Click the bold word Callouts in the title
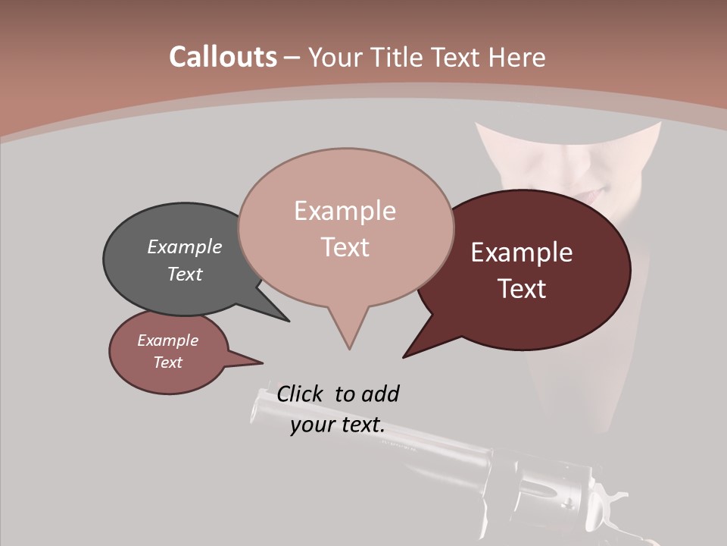tap(223, 57)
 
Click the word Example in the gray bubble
tap(184, 247)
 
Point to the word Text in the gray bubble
tap(184, 274)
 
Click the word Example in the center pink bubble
tap(345, 211)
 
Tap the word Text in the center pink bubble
tap(345, 247)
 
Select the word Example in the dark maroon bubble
tap(522, 253)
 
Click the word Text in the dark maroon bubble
tap(522, 289)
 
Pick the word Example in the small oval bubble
tap(167, 340)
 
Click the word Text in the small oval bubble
tap(167, 362)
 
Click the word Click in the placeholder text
tap(300, 394)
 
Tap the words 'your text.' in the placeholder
tap(337, 425)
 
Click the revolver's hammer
tap(610, 497)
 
